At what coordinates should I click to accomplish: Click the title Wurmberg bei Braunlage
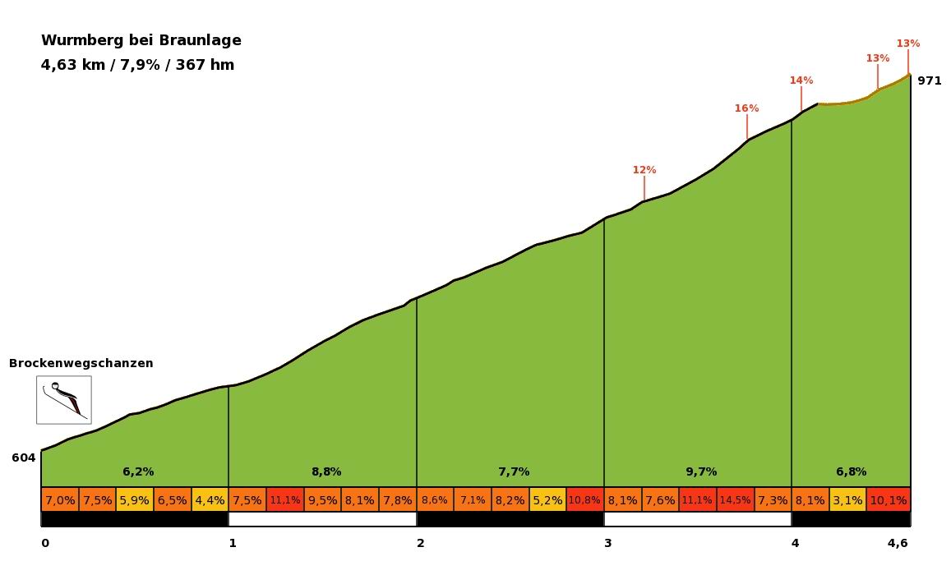pos(141,41)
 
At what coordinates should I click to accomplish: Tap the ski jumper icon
pos(64,400)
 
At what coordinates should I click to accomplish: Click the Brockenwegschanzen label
pos(81,363)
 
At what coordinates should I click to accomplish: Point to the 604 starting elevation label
pos(24,458)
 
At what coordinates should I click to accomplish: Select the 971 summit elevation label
pos(930,80)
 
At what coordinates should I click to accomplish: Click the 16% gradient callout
pos(746,108)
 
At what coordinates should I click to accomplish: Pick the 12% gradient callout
pos(644,170)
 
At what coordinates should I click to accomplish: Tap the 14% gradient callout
pos(801,80)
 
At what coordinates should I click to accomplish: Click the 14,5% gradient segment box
pos(735,500)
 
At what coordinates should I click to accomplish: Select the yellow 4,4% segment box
pos(210,500)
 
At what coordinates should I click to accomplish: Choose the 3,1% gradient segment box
pos(847,500)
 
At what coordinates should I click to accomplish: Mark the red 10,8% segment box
pos(584,500)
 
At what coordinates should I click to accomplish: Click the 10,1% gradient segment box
pos(888,500)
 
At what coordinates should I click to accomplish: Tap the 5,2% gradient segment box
pos(547,500)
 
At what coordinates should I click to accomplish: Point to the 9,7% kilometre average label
pos(701,471)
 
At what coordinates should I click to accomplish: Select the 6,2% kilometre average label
pos(138,471)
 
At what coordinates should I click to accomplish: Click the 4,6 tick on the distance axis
pos(898,543)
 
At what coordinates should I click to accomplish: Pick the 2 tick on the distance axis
pos(420,543)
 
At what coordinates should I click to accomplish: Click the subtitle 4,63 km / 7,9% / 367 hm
pos(137,65)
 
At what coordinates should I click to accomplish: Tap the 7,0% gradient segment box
pos(60,500)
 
